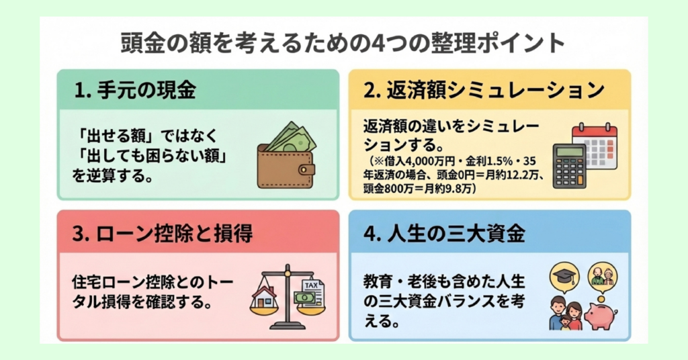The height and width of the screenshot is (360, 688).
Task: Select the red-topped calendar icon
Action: click(x=595, y=145)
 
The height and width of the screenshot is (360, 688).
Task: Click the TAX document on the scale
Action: click(x=310, y=293)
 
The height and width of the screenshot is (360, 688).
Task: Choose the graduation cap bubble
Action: click(x=564, y=275)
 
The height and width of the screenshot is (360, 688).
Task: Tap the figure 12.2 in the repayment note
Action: click(x=521, y=176)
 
